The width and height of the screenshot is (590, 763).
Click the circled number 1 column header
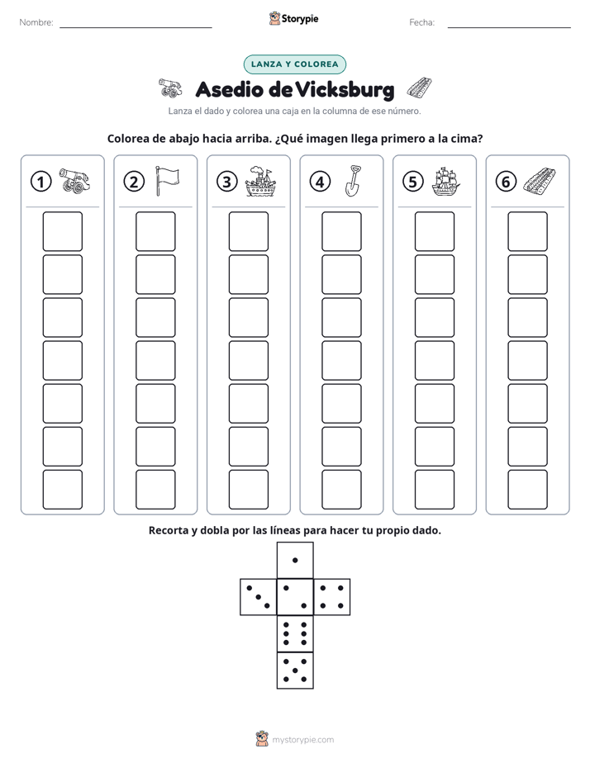point(40,182)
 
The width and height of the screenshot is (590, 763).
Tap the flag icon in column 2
point(167,181)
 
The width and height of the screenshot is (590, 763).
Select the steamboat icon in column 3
point(260,182)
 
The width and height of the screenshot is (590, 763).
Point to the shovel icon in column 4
point(353,181)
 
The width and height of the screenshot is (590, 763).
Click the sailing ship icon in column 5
point(445,182)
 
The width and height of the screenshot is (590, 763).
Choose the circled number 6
point(506,182)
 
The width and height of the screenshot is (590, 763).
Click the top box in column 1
point(62,231)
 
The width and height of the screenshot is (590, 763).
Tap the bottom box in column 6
point(527,490)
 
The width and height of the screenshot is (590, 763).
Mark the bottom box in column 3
point(248,490)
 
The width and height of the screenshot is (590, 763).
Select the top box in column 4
point(341,231)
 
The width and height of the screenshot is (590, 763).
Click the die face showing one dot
point(295,560)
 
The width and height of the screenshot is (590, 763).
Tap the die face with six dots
point(295,633)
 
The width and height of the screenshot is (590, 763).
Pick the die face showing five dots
point(295,671)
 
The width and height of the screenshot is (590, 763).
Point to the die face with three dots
point(259,597)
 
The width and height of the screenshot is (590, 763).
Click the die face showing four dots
point(332,597)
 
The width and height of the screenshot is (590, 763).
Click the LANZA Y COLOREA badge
point(294,64)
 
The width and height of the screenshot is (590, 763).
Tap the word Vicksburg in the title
point(345,89)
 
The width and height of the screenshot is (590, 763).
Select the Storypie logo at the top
point(293,18)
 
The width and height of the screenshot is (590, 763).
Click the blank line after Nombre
point(136,27)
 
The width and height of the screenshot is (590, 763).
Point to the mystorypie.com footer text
point(302,740)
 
